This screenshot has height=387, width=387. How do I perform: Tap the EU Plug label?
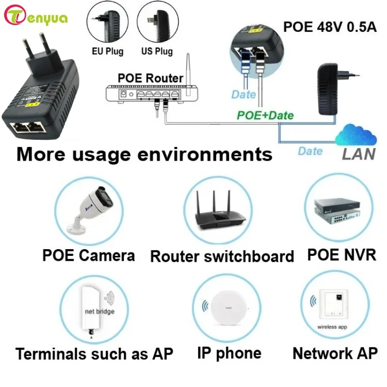click(107, 51)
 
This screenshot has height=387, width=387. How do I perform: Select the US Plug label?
click(157, 51)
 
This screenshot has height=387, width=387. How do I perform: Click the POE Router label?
click(150, 78)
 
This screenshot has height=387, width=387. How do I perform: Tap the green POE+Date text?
click(265, 115)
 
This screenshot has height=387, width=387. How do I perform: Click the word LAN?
click(358, 154)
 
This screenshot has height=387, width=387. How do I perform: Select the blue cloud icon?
click(356, 135)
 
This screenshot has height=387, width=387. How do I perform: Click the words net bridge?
click(100, 312)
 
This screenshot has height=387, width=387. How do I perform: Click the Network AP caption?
click(335, 354)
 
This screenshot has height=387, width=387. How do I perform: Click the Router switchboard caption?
click(222, 256)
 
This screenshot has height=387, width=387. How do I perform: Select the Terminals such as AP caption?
click(94, 354)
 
